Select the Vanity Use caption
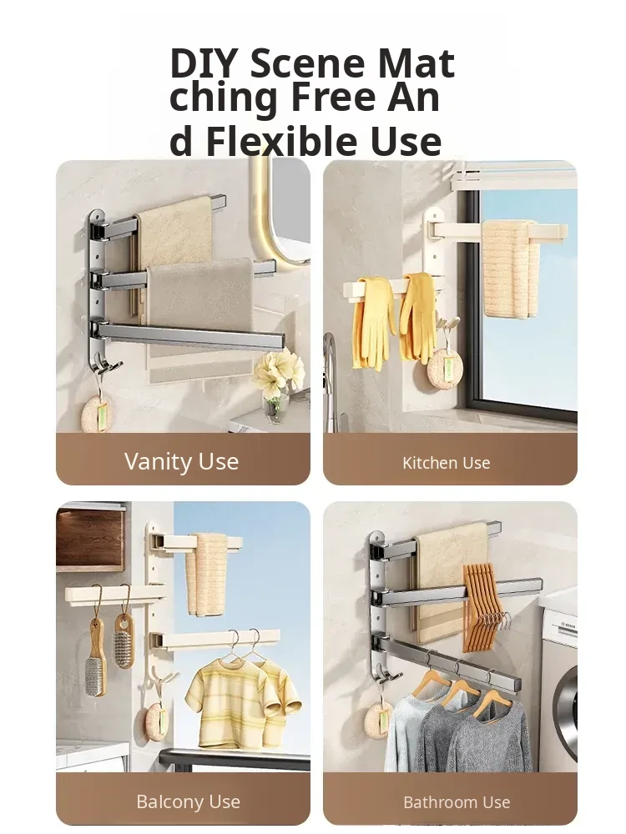point(181,461)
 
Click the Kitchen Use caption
point(446,463)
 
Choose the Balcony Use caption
point(188,801)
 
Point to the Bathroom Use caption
point(457,802)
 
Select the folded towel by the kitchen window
point(510,269)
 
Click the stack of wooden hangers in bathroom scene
point(484,605)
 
